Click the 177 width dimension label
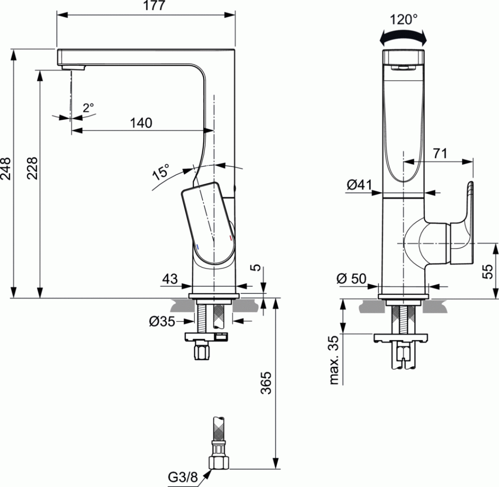point(154,6)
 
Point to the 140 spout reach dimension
point(141,123)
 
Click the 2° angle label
point(88,108)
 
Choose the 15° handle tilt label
point(161,172)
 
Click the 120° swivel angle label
point(403,20)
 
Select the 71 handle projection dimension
point(440,154)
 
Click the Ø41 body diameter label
point(359,184)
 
